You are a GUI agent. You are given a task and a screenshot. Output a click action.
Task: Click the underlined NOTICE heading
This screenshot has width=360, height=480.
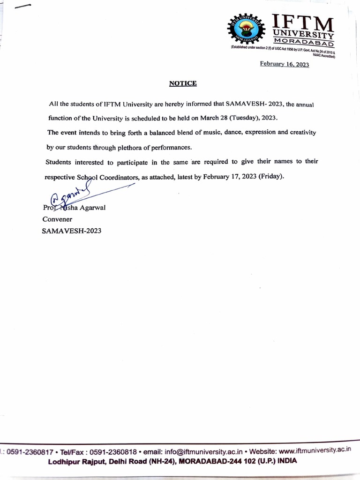[183, 84]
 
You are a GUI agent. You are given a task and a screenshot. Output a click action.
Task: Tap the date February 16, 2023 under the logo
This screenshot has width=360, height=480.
[285, 65]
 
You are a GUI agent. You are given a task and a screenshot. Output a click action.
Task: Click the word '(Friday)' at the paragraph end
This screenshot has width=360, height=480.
[267, 177]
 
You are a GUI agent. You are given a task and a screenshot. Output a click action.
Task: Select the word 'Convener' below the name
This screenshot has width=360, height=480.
[57, 219]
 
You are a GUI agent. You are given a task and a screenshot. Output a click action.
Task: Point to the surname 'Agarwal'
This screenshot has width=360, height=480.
[93, 208]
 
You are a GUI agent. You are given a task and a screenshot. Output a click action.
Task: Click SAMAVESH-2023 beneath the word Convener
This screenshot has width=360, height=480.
[72, 231]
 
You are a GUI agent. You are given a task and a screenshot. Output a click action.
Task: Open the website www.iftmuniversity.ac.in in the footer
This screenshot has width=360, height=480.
[315, 450]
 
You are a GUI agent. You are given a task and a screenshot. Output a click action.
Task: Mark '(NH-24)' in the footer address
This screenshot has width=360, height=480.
[159, 461]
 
